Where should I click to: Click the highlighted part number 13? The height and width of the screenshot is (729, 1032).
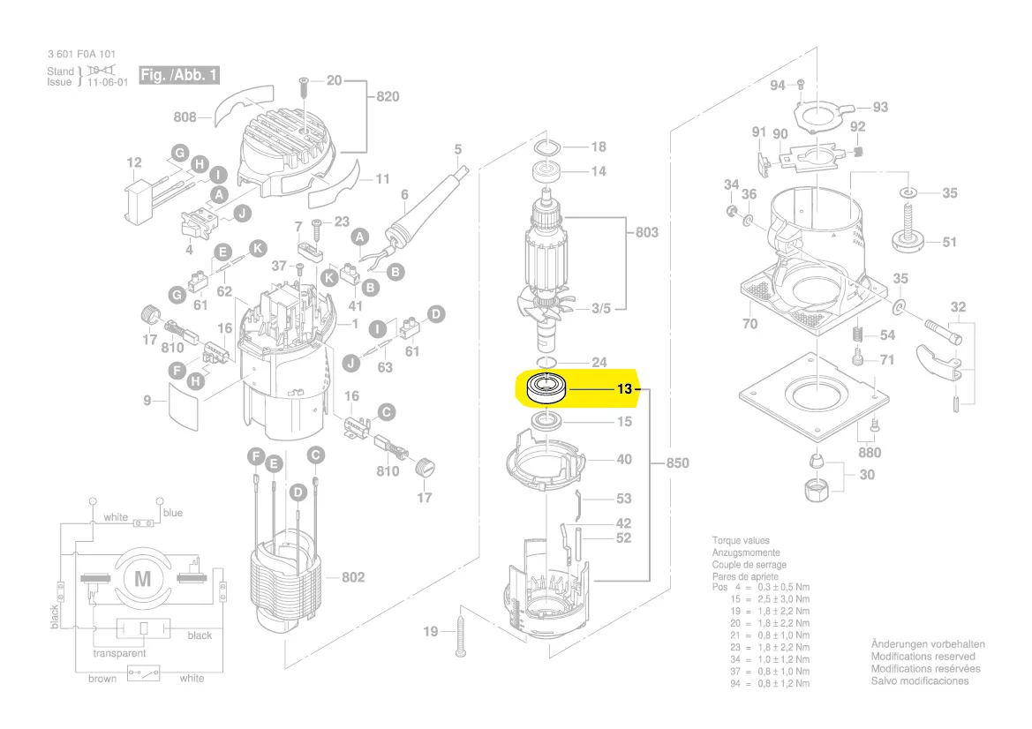click(x=624, y=389)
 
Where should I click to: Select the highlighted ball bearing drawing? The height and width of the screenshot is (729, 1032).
click(x=546, y=388)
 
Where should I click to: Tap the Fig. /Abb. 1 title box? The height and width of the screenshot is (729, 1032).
click(x=178, y=75)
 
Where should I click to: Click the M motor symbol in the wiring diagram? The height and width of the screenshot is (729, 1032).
click(x=143, y=578)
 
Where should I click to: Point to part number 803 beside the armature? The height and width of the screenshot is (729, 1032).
click(x=646, y=232)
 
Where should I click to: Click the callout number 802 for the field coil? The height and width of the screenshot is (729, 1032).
click(x=353, y=577)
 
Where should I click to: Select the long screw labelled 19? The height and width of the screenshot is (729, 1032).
click(x=461, y=632)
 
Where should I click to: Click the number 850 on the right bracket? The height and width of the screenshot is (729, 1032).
click(x=677, y=462)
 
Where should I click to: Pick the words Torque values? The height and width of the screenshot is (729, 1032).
click(x=741, y=541)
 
